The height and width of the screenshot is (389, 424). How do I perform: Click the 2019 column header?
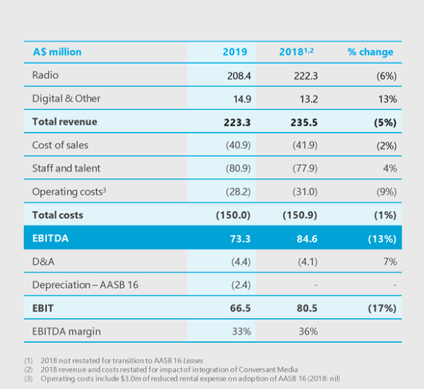coord(234,52)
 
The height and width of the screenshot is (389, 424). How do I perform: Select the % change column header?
coord(370,52)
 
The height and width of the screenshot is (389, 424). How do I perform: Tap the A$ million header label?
coord(57,52)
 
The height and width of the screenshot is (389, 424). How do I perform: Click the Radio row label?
coord(46,75)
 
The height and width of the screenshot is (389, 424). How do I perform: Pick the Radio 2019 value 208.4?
coord(235,76)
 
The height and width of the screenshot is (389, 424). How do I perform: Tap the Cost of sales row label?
coord(60,145)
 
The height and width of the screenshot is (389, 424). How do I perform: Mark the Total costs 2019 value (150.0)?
coord(232,215)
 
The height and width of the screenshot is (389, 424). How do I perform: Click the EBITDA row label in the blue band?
coord(51,238)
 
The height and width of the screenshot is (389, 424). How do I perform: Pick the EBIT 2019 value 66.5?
coord(235,308)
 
